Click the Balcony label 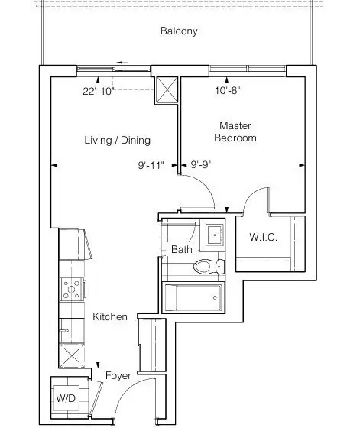click(179, 31)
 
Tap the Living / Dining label click(117, 141)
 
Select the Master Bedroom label click(235, 131)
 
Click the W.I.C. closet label click(263, 237)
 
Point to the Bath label click(182, 249)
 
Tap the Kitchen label click(110, 316)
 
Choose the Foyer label click(118, 376)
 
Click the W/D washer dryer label click(66, 398)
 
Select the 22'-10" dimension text click(99, 91)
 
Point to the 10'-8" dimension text click(228, 91)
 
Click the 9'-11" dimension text click(151, 165)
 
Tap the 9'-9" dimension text click(201, 164)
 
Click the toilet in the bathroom click(209, 267)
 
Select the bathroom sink click(215, 235)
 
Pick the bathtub click(193, 297)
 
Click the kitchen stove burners click(71, 289)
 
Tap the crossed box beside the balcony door click(167, 89)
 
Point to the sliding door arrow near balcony click(122, 63)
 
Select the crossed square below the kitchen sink click(71, 355)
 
